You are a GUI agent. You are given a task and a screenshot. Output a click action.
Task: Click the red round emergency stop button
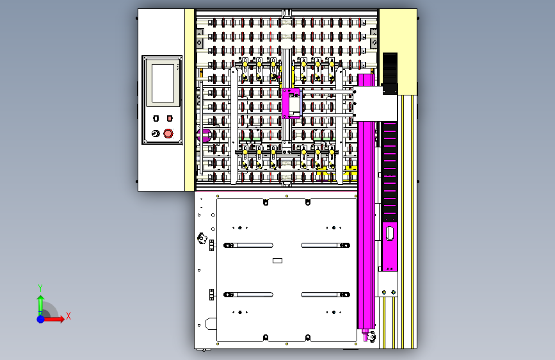(168, 133)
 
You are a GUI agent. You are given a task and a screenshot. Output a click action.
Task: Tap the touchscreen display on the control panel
(162, 83)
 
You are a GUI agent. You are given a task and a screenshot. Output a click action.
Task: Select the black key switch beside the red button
(154, 133)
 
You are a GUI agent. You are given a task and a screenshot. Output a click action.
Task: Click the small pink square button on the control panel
(170, 119)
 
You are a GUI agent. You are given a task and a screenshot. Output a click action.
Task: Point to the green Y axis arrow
(40, 302)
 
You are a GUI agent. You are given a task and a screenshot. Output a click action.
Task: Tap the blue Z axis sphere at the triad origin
(40, 318)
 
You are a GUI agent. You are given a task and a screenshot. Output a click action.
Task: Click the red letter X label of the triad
(68, 316)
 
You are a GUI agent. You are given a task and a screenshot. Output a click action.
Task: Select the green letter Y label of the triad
(40, 288)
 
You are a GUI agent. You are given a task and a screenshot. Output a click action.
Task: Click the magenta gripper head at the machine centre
(292, 103)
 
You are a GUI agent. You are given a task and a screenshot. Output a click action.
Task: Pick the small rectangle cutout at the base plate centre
(277, 261)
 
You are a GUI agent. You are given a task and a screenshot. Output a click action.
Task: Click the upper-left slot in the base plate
(248, 245)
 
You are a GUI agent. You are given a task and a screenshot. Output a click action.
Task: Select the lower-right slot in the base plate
(325, 295)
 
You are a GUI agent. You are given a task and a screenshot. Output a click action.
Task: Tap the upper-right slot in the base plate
(325, 245)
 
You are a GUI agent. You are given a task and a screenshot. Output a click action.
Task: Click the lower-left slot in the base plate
(248, 295)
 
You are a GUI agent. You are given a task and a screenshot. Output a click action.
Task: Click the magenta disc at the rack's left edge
(205, 135)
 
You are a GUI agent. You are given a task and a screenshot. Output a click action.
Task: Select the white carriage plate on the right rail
(374, 103)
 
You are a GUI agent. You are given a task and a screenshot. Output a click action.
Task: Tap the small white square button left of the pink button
(156, 119)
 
